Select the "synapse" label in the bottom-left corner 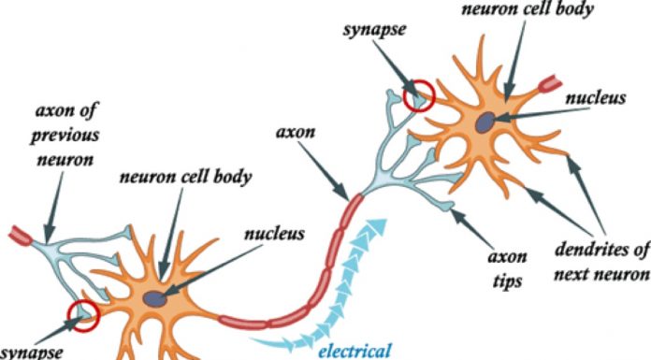coord(33,353)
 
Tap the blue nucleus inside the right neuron coord(486,122)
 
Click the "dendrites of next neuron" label coord(601,262)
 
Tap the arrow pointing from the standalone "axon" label coord(327,167)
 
